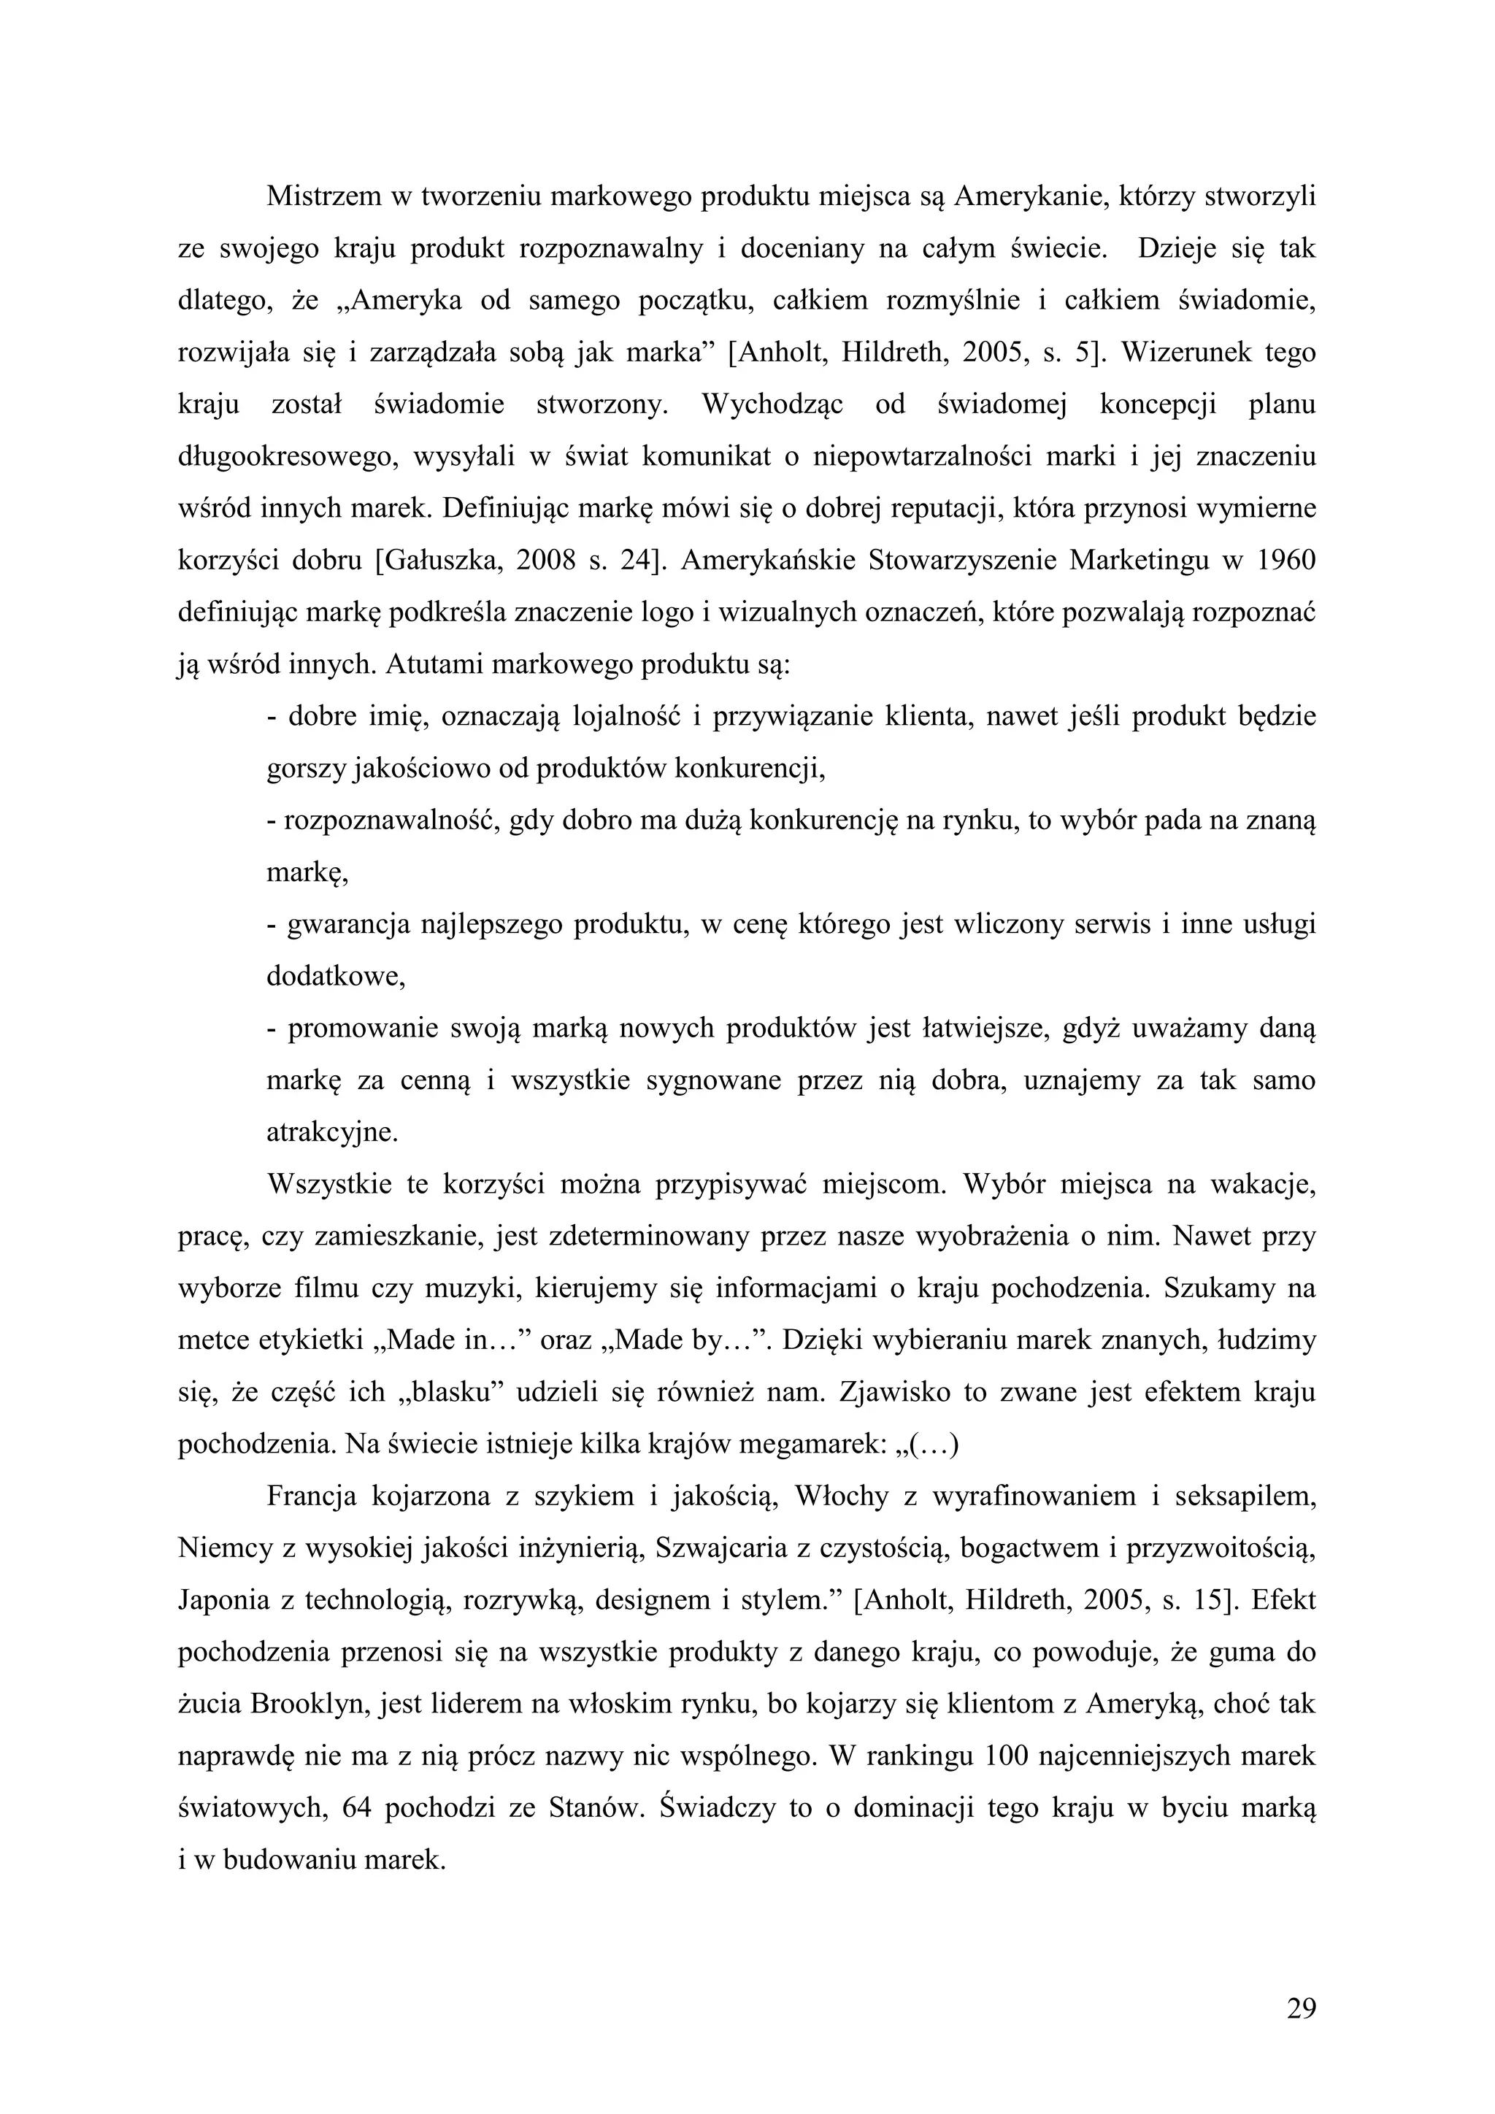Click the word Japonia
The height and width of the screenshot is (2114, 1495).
[222, 1600]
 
